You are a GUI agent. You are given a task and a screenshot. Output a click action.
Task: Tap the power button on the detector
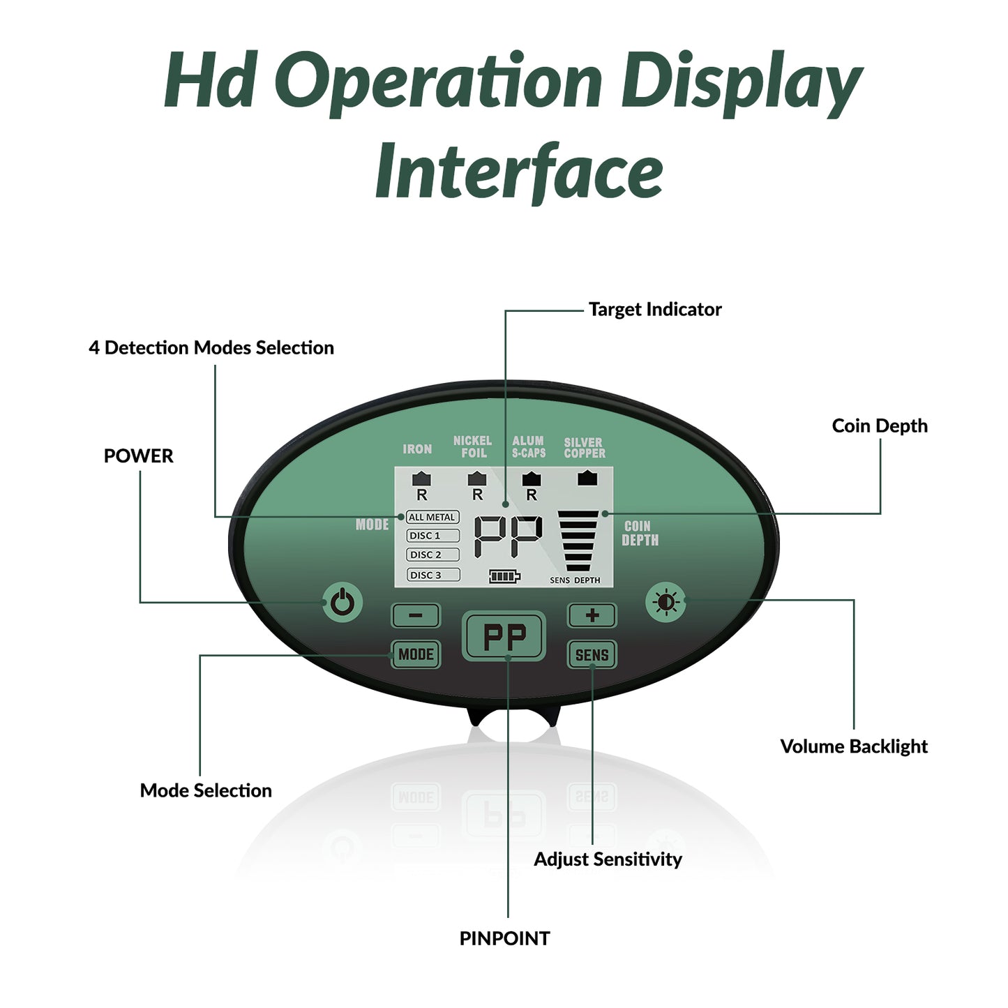pos(343,603)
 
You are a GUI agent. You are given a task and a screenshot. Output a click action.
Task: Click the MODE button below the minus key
pos(416,654)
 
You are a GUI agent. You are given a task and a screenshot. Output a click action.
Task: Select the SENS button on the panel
pos(592,654)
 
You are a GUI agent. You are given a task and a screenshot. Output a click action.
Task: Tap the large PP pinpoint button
pos(504,636)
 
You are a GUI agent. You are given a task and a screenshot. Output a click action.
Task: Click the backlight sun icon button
pos(665,602)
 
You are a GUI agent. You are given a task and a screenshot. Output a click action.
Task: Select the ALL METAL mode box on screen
pos(432,518)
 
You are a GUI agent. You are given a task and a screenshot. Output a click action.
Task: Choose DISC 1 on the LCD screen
pos(432,536)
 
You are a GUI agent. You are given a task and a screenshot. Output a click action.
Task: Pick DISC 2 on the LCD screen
pos(432,555)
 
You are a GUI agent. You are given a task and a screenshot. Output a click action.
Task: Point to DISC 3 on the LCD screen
pos(433,575)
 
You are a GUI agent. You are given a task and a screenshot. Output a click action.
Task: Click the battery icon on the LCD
pos(504,576)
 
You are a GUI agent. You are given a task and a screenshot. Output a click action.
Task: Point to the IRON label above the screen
pos(417,449)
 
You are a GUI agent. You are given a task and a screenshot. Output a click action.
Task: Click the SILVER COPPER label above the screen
pos(585,448)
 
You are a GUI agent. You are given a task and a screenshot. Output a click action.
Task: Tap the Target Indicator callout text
pos(655,309)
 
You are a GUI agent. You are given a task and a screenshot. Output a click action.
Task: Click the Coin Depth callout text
pos(880,426)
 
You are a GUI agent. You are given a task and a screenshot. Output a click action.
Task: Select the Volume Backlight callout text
pos(854,746)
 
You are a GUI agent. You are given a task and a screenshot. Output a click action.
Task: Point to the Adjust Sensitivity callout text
pos(608,859)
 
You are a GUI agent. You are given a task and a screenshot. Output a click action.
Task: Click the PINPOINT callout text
pos(504,938)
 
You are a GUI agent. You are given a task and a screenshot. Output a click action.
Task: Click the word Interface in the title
pos(520,172)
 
